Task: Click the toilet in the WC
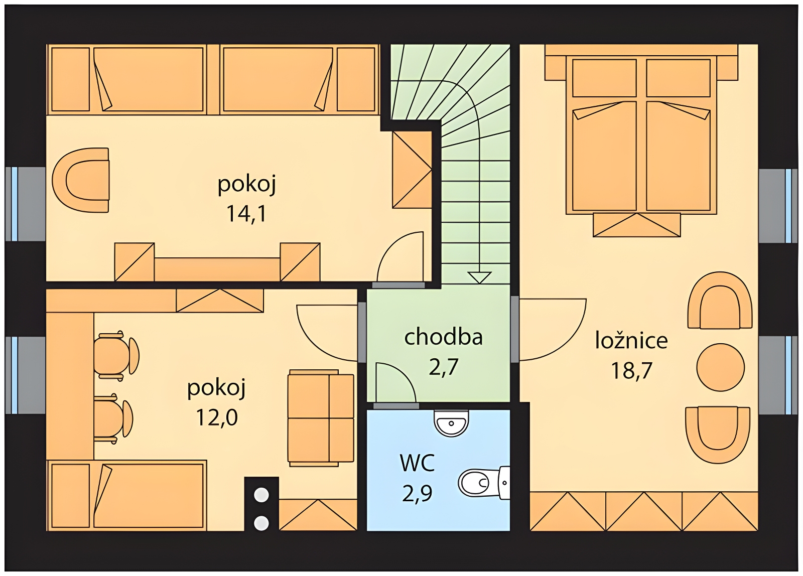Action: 484,483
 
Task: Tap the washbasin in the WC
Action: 451,422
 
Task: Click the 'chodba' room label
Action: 444,337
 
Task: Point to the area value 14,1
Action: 246,214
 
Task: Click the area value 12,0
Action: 217,417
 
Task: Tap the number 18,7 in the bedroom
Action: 632,370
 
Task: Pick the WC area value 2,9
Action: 417,494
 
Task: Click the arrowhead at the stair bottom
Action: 479,278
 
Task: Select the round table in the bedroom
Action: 721,367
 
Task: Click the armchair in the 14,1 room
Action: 81,180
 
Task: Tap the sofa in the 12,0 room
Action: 321,418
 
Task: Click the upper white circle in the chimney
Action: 261,495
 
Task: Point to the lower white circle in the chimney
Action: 261,523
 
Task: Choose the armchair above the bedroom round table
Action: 720,301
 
